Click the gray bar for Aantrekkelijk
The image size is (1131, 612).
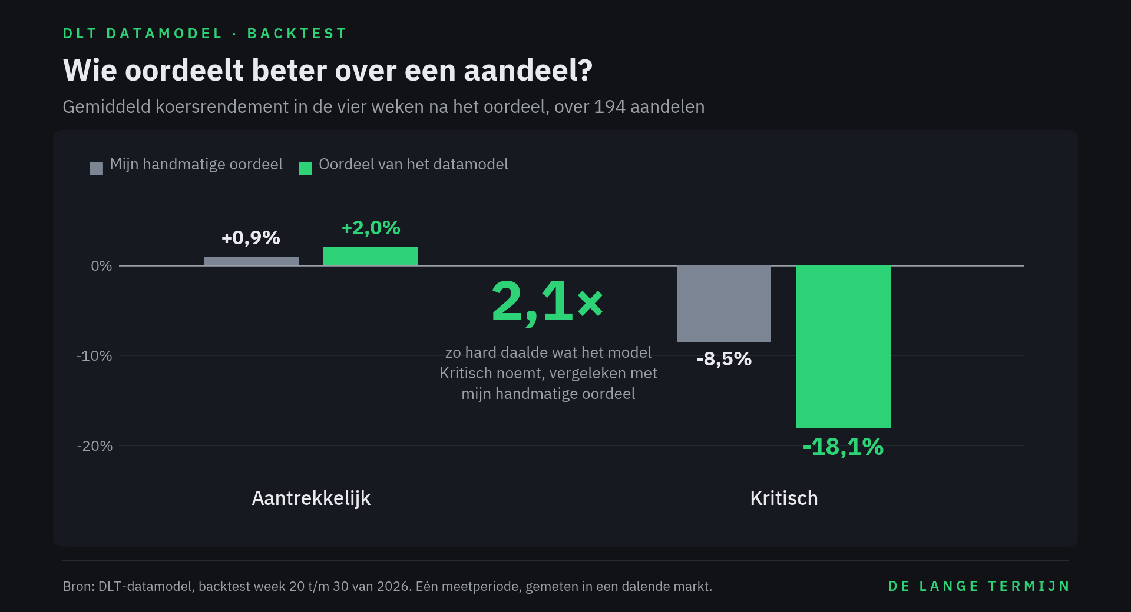click(x=251, y=261)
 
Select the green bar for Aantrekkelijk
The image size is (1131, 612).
click(x=371, y=257)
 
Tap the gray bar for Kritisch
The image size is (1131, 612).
click(x=724, y=304)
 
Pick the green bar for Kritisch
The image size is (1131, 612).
click(x=844, y=347)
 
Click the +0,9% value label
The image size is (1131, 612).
click(x=251, y=238)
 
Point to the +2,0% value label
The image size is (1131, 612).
click(x=371, y=228)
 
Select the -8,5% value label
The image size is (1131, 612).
click(x=724, y=359)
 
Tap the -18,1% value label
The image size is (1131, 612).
click(x=844, y=447)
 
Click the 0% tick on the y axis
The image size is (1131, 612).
click(x=101, y=266)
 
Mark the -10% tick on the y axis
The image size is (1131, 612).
click(x=94, y=356)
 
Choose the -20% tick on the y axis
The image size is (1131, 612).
click(x=94, y=446)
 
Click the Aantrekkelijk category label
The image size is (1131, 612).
click(x=311, y=498)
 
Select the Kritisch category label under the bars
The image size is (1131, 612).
click(x=784, y=498)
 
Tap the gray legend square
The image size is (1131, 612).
click(x=96, y=169)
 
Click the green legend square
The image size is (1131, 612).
click(x=305, y=169)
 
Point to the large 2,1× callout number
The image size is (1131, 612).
click(x=547, y=302)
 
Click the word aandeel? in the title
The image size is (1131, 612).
click(x=528, y=71)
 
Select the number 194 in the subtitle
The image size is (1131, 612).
click(x=610, y=107)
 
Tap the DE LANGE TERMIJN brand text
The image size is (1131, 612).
click(x=978, y=586)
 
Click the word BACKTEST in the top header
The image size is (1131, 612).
click(x=297, y=34)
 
